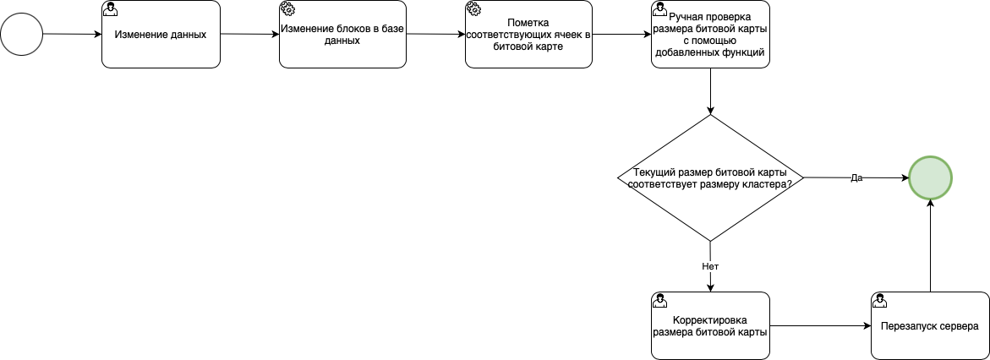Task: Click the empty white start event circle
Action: [21, 34]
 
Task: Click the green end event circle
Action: [930, 178]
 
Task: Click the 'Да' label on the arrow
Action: [856, 178]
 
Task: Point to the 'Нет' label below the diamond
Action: [710, 265]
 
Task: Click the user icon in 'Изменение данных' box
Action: [110, 8]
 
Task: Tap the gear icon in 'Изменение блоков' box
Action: [287, 8]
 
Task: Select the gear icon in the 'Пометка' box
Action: [473, 8]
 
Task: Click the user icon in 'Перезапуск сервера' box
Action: [879, 300]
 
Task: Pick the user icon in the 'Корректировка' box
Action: [659, 300]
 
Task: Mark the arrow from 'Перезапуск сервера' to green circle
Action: [930, 245]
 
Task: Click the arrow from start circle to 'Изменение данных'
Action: [72, 34]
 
